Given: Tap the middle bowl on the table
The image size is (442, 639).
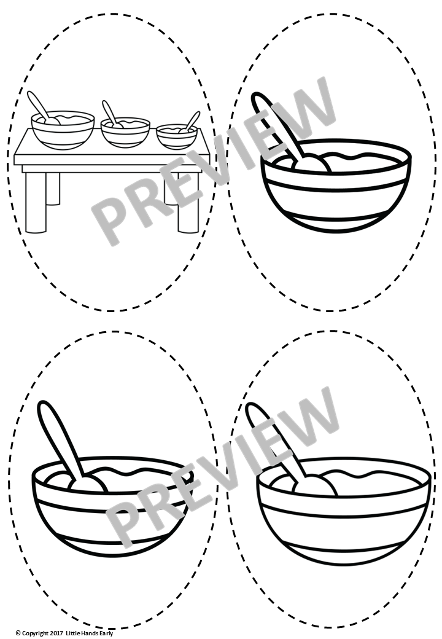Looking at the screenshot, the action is pos(125,133).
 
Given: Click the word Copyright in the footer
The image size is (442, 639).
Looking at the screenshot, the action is pos(36,633).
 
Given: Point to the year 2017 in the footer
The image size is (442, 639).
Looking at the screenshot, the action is pos(58,633).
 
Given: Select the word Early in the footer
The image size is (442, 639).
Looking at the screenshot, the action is pos(107,633).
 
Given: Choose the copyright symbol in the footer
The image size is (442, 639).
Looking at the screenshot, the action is pos(18,633).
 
